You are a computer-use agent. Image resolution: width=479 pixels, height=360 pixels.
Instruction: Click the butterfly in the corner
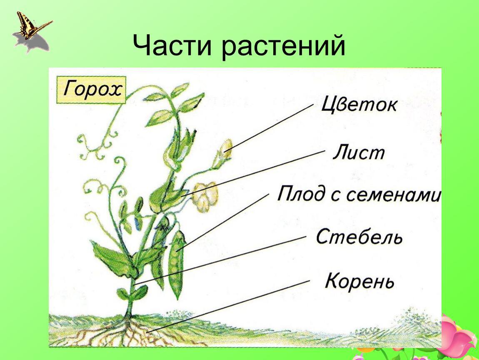pos(30,26)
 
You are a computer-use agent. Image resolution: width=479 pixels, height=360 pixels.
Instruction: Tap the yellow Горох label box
pos(91,90)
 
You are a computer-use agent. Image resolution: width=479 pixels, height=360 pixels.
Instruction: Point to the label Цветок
pos(359,105)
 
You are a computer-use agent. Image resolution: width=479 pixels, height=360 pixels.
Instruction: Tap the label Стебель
pos(359,237)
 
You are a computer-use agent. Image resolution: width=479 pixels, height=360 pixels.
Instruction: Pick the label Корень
pos(359,281)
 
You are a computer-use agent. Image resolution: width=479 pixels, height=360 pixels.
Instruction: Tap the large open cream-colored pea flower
pos(205,197)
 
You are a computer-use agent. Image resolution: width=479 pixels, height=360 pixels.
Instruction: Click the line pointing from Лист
pos(253,172)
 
